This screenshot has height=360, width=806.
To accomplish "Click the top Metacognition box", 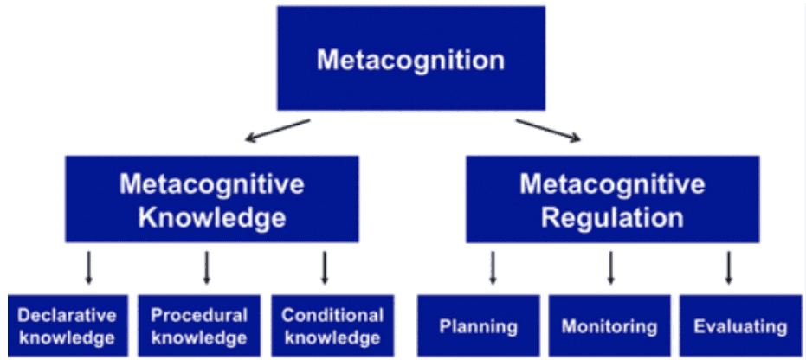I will (x=410, y=59).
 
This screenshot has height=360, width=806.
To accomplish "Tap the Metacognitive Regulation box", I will (x=612, y=199).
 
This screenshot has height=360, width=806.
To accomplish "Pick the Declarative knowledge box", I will (x=67, y=326).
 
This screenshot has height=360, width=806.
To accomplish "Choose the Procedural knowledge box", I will (x=198, y=326).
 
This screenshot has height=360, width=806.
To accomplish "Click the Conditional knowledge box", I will (x=332, y=326).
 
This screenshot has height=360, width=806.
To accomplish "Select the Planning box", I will (x=478, y=326).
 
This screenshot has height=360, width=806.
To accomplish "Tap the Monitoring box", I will (x=609, y=326).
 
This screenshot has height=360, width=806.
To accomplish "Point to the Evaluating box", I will (x=740, y=326).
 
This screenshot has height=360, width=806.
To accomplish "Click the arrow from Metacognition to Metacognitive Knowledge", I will (x=277, y=131).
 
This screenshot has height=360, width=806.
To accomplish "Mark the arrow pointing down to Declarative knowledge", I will (x=88, y=268).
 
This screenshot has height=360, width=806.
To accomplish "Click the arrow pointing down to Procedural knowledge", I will (x=206, y=268).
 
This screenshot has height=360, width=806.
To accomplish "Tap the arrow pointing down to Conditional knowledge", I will (x=325, y=268).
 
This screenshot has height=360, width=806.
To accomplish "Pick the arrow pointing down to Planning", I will (x=493, y=268).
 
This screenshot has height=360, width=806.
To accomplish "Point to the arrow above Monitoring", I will (x=610, y=268).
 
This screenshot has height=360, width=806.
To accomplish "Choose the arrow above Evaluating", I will (x=728, y=268).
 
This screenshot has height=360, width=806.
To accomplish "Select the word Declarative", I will (x=67, y=316).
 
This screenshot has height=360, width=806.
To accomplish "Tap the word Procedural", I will (x=198, y=316).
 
